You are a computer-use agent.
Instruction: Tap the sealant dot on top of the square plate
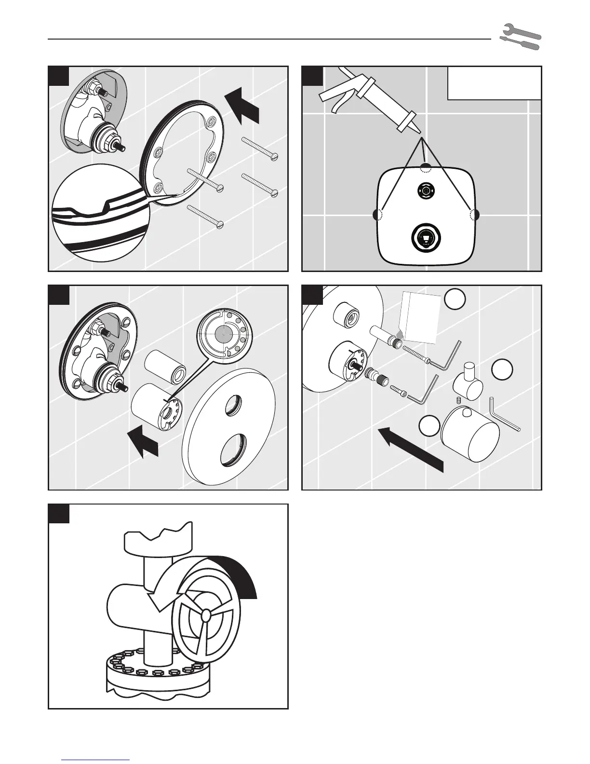click(x=425, y=167)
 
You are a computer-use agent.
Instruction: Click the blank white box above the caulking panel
click(x=494, y=83)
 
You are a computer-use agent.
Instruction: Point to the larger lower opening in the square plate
click(x=425, y=237)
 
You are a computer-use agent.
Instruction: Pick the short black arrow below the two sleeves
click(x=143, y=441)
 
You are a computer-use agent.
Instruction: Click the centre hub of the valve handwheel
click(x=206, y=615)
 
